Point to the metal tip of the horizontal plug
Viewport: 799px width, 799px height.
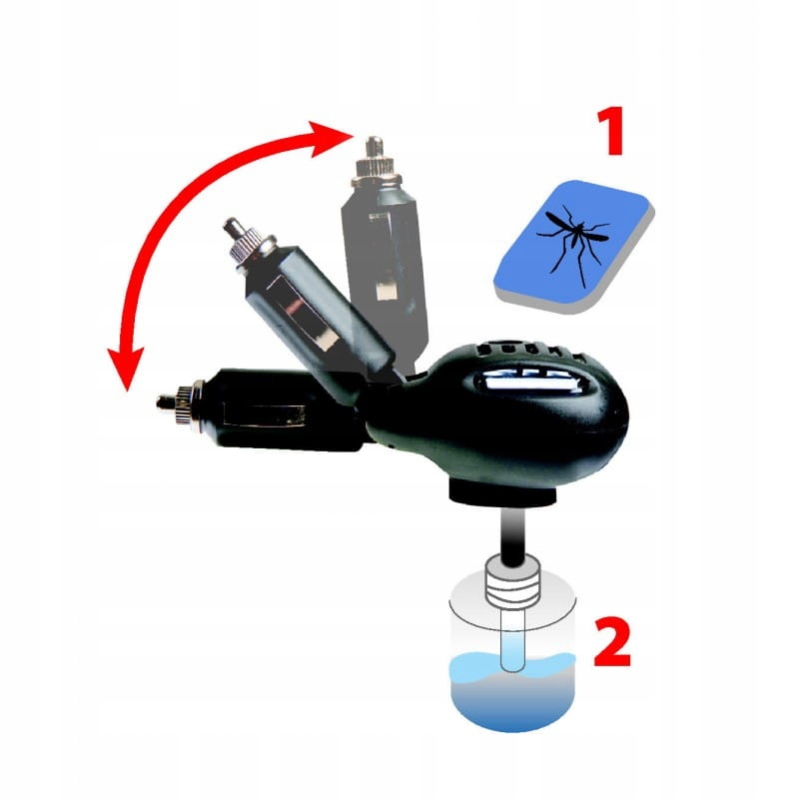[x=166, y=401]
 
